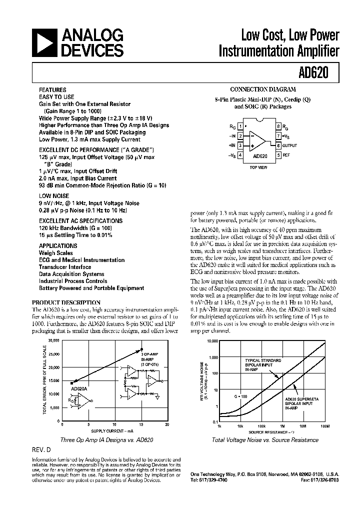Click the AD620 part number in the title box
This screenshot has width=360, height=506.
(313, 72)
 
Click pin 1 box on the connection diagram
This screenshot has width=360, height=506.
(240, 126)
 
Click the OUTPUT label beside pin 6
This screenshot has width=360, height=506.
(289, 145)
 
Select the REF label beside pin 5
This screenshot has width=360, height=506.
(286, 155)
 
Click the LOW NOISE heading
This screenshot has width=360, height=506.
(54, 196)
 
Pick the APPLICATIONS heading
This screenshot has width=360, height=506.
(58, 246)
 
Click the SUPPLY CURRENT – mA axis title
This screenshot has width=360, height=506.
(112, 430)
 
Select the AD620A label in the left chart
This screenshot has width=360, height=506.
(79, 388)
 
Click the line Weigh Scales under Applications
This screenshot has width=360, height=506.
(56, 253)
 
